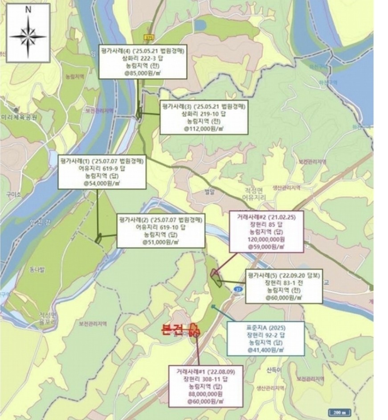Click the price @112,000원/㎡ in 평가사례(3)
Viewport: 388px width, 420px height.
pyautogui.click(x=204, y=128)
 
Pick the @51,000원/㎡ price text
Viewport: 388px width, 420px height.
pyautogui.click(x=161, y=242)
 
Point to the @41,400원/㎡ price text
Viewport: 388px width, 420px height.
pyautogui.click(x=265, y=350)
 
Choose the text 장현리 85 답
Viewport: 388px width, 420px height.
pyautogui.click(x=265, y=225)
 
